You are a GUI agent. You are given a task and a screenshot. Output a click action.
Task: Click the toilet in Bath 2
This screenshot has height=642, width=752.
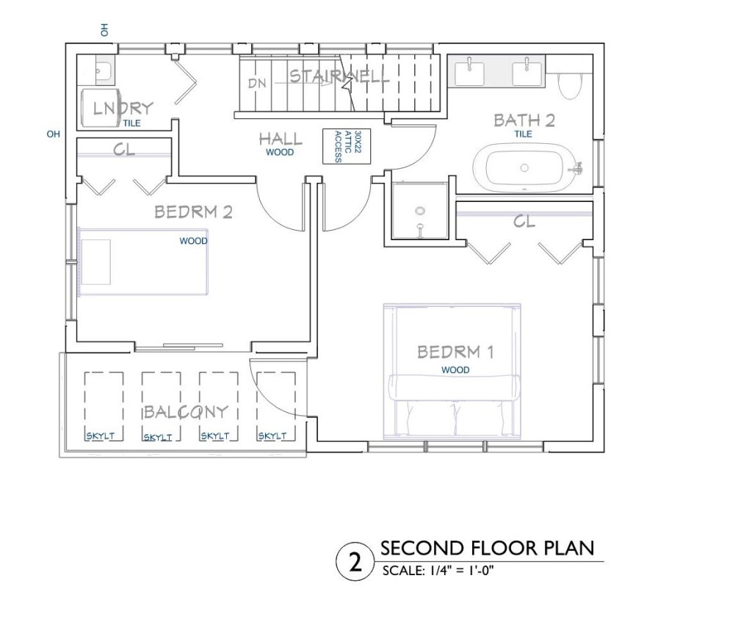tap(570, 82)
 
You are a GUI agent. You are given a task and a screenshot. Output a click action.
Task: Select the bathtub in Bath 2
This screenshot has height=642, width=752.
tap(524, 167)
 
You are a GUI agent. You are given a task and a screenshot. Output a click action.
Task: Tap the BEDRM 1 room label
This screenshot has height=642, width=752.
tap(455, 352)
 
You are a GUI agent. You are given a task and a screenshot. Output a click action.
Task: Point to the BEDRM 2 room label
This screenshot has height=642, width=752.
tap(193, 212)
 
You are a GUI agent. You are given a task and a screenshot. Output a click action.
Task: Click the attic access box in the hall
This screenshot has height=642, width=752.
tap(347, 146)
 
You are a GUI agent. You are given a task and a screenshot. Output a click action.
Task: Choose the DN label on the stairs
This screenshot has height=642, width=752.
tap(257, 83)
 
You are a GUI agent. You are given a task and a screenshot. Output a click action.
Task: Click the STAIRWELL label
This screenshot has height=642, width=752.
tap(339, 76)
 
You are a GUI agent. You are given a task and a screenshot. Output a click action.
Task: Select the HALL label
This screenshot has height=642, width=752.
tap(281, 139)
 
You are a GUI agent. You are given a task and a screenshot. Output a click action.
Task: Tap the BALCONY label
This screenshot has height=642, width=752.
tap(186, 411)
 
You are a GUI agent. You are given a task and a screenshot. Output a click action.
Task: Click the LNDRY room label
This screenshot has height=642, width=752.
tap(123, 109)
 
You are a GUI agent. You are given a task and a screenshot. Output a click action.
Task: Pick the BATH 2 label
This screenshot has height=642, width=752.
tap(524, 120)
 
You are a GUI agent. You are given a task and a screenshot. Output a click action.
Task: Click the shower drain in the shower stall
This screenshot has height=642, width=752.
tap(421, 211)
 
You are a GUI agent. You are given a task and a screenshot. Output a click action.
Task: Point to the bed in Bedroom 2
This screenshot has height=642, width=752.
tap(143, 262)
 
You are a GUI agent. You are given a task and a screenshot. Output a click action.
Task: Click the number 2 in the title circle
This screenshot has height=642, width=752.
tap(355, 562)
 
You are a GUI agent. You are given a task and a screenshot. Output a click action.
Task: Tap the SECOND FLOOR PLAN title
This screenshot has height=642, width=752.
tap(488, 548)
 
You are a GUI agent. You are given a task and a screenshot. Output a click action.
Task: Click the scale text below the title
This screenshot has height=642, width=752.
tap(438, 571)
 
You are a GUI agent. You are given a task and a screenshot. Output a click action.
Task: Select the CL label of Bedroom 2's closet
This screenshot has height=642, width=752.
tap(123, 150)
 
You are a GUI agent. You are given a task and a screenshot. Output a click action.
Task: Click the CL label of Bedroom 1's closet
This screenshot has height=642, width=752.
tap(524, 221)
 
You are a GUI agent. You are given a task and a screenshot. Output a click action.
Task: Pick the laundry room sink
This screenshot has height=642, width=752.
tap(104, 71)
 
